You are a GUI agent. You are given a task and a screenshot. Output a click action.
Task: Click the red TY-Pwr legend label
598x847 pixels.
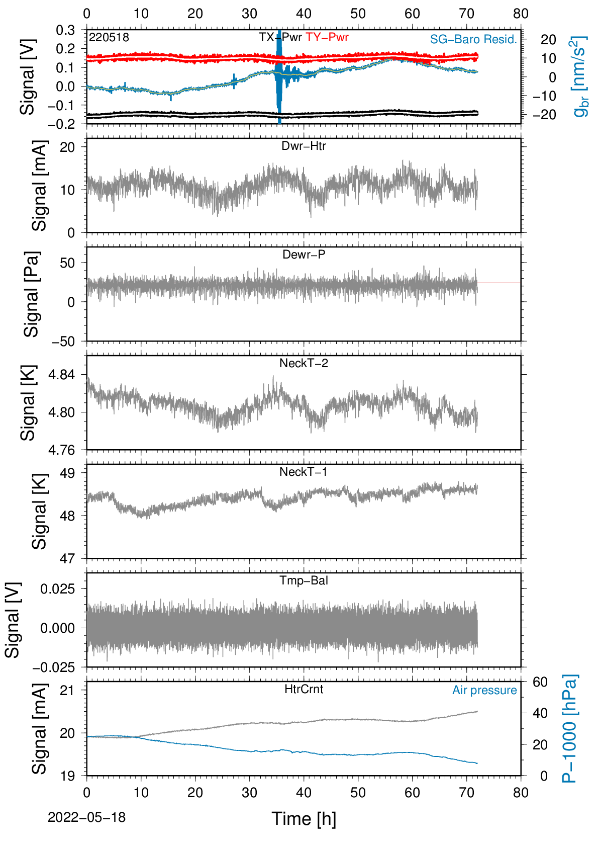tap(327, 37)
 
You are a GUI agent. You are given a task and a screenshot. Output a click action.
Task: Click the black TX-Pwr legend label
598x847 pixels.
tap(280, 37)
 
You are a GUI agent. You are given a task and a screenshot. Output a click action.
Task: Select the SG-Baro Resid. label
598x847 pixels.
tap(473, 39)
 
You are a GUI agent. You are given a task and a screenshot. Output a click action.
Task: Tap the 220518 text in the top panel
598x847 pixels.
tap(109, 37)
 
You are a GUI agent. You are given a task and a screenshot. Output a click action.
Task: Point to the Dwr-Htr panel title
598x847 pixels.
tap(304, 146)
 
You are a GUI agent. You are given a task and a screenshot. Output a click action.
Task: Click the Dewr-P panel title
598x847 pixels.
tap(304, 255)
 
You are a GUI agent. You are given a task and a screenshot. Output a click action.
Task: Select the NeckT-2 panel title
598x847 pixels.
tap(304, 363)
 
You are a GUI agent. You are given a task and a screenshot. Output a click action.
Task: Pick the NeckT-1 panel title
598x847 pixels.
tap(304, 472)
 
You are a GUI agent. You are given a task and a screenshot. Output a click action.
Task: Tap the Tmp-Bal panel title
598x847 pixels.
tap(304, 580)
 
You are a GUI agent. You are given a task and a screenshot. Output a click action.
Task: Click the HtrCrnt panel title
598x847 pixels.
tap(304, 690)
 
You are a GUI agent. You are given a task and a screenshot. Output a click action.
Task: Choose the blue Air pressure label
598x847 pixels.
tap(484, 691)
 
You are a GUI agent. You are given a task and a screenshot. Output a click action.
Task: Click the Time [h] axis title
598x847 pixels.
tap(304, 819)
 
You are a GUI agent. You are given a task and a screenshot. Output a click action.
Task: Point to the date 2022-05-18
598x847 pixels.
tap(86, 817)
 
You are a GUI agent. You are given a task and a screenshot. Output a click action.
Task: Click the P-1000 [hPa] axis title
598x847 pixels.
tap(569, 728)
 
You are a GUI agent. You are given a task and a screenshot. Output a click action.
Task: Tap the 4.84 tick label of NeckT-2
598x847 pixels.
tap(62, 375)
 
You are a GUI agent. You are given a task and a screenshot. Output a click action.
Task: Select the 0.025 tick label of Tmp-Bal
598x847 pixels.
tap(58, 589)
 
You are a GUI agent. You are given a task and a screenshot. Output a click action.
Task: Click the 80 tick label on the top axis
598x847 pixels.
tap(521, 14)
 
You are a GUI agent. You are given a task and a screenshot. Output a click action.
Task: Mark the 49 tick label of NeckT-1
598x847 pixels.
tap(68, 473)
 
